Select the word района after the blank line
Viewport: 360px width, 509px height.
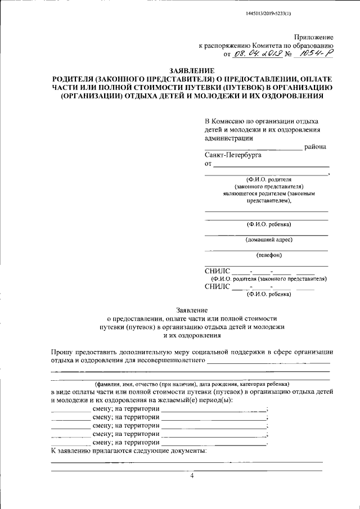(x=315, y=147)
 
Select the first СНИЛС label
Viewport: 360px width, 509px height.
(x=218, y=271)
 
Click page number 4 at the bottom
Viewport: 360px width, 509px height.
(x=191, y=476)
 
